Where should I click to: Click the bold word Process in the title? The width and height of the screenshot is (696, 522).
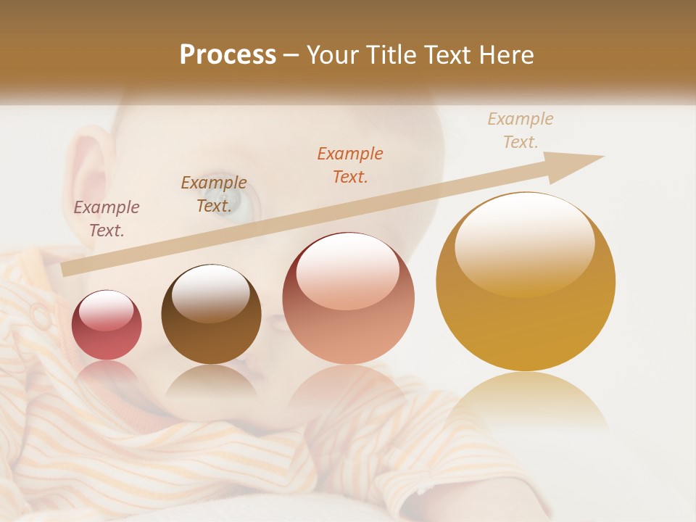click(228, 55)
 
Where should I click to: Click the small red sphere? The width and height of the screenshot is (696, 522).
click(107, 326)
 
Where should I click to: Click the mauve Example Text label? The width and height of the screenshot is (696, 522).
click(107, 219)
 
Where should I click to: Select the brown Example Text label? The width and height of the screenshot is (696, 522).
click(214, 194)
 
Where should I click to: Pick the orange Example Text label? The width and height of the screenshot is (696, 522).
click(350, 165)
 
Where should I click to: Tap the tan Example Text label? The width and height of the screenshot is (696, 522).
click(521, 130)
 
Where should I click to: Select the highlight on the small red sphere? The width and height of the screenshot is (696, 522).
click(106, 310)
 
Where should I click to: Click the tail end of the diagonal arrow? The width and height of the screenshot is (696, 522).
click(67, 270)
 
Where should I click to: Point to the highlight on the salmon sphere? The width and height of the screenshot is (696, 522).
click(347, 270)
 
